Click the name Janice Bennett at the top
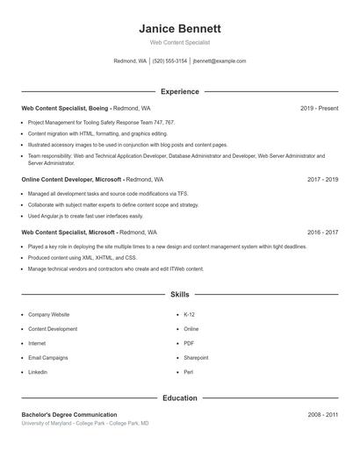180,28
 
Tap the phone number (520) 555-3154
169,61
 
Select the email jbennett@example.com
220,61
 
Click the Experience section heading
180,91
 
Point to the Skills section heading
180,295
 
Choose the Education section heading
180,398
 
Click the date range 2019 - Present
319,108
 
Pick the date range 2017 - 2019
322,179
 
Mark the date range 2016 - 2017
322,232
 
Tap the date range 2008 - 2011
322,414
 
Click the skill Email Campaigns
47,358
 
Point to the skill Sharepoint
196,358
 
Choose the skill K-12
190,314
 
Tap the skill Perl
189,372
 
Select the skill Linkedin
38,372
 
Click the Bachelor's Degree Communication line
69,414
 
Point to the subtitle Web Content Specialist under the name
180,42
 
